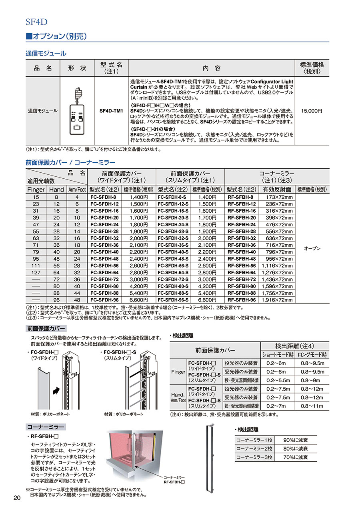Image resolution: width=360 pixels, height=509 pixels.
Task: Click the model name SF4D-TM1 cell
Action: coord(110,110)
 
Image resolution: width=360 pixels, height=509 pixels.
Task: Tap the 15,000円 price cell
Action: coord(312,110)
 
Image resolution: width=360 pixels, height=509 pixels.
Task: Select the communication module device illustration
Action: coord(77,111)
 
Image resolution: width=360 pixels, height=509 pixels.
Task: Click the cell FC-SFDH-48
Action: coord(103,259)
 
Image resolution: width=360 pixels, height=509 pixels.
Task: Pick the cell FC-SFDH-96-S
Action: coord(174,300)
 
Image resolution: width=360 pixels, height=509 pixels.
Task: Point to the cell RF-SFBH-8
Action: coord(240,197)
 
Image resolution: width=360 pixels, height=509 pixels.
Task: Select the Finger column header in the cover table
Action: coord(36,190)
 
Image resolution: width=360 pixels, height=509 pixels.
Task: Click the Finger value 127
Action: coord(36,273)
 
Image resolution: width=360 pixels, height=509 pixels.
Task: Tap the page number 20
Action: coord(17,497)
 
